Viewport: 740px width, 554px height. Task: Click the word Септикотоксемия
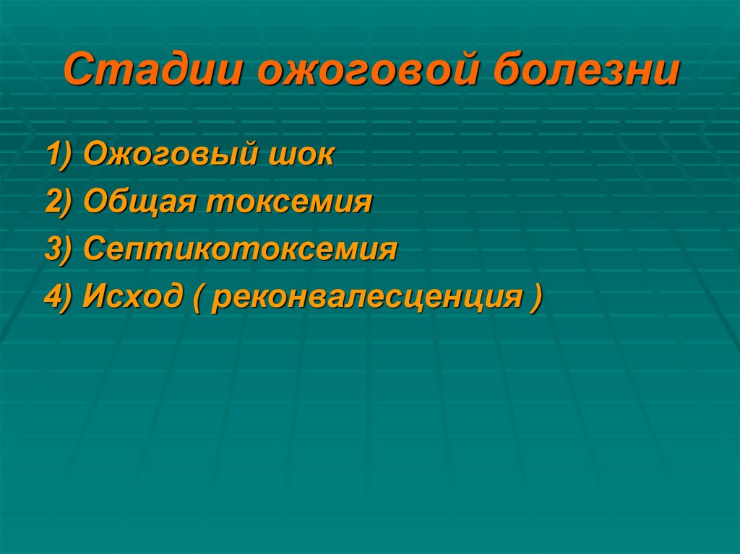(x=241, y=250)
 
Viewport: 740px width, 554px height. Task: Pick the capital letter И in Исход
(x=95, y=297)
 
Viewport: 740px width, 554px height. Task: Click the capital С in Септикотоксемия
(x=95, y=250)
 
